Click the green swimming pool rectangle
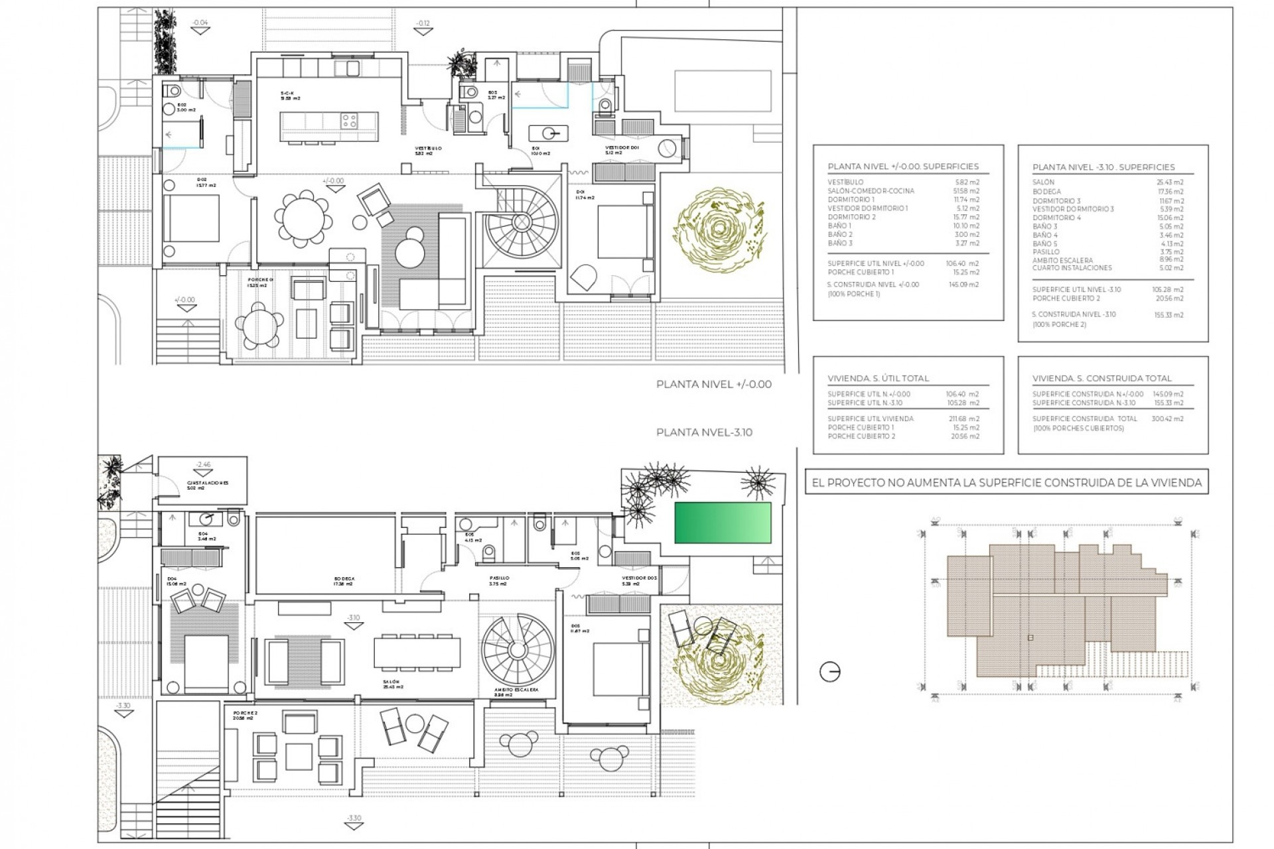[723, 523]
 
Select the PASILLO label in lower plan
[499, 578]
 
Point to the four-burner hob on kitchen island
[349, 121]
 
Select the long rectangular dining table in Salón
[417, 653]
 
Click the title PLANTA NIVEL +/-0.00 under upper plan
[713, 385]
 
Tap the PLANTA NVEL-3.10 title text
[704, 432]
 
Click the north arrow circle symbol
[830, 672]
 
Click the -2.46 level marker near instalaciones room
[202, 465]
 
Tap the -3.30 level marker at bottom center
[354, 818]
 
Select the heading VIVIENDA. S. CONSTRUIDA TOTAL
[1101, 379]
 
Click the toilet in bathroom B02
[174, 92]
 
